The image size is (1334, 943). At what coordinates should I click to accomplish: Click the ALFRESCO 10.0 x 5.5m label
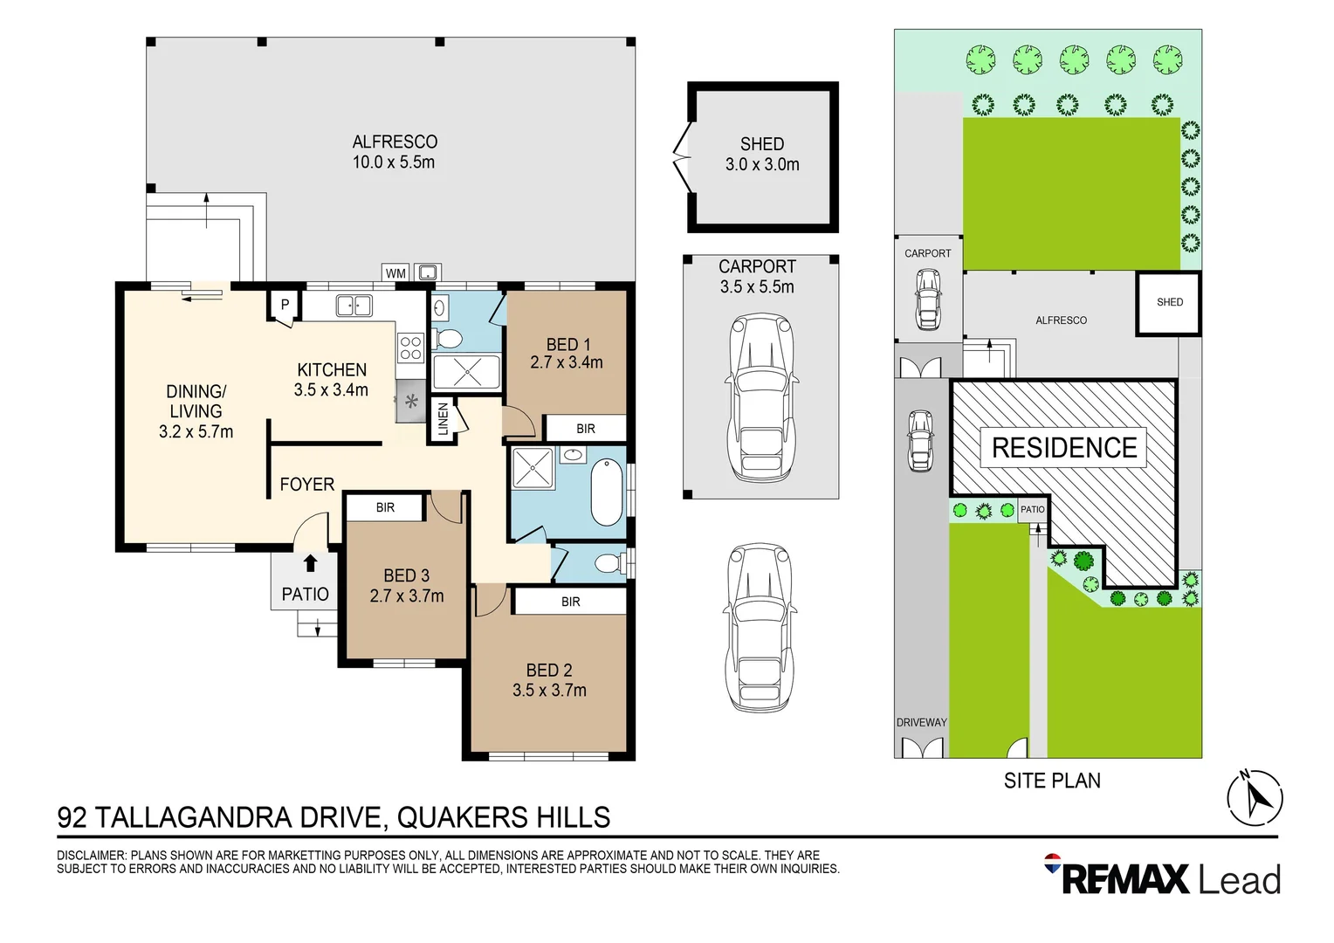tap(394, 152)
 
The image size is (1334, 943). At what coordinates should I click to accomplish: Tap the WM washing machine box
tap(395, 273)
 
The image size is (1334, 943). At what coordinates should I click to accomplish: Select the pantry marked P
tap(285, 306)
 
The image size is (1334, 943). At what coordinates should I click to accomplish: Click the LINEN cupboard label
tap(443, 419)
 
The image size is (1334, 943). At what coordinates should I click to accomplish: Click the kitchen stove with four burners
tap(411, 348)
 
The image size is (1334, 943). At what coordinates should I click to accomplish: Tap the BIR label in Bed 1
tap(586, 429)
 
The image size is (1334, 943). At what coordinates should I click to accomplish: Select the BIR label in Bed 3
tap(385, 507)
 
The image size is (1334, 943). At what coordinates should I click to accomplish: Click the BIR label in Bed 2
tap(571, 602)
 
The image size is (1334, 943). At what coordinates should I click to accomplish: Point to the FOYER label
tap(306, 485)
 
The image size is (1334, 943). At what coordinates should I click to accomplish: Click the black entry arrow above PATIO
tap(310, 563)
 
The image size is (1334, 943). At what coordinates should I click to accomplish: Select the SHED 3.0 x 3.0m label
tap(762, 155)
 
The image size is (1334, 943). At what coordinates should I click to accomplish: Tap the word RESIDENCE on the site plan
tap(1064, 448)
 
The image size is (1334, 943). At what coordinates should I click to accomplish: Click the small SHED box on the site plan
tap(1169, 303)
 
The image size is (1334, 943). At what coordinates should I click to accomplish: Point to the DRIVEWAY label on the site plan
tap(921, 722)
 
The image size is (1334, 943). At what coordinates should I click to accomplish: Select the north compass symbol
tap(1255, 797)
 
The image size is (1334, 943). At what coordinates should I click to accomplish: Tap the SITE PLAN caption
tap(1052, 781)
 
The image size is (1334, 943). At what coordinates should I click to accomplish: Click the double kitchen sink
tap(354, 306)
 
